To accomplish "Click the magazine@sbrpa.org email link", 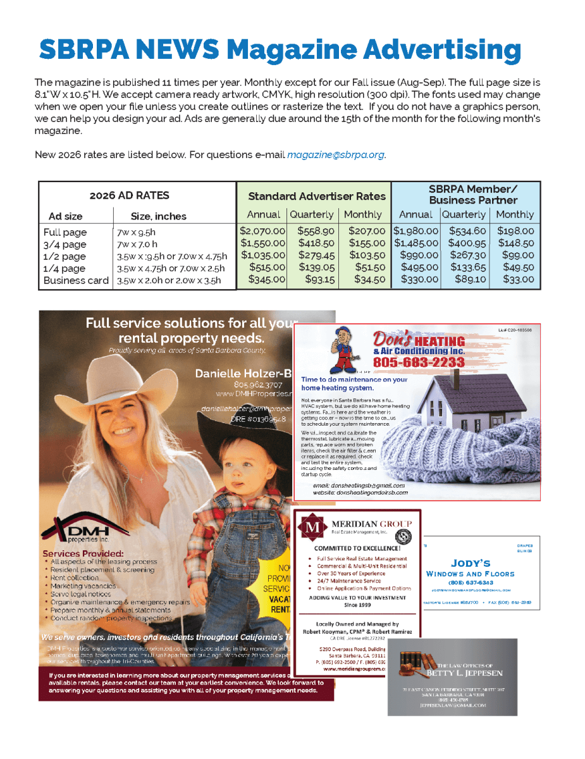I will (336, 155).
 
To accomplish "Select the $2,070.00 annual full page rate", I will (263, 231).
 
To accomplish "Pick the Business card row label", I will (76, 280).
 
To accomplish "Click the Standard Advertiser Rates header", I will (316, 196).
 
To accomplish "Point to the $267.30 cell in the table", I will (464, 256).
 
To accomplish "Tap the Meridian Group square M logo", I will (311, 526).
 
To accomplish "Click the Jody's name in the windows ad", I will (471, 563).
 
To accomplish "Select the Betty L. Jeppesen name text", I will (452, 673).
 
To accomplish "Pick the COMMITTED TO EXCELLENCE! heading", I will (358, 548).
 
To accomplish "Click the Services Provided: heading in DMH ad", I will (83, 553).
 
